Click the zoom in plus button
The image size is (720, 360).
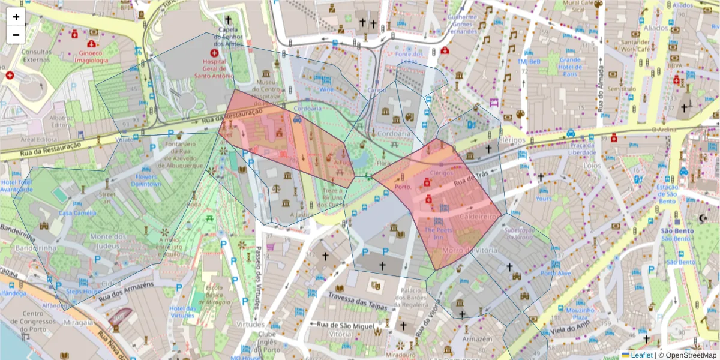(x=16, y=17)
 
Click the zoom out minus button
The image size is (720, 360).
(x=16, y=35)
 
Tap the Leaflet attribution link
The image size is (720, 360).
(x=641, y=355)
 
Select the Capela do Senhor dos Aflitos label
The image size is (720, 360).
(x=227, y=37)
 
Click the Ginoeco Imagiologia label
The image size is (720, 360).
(x=90, y=56)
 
